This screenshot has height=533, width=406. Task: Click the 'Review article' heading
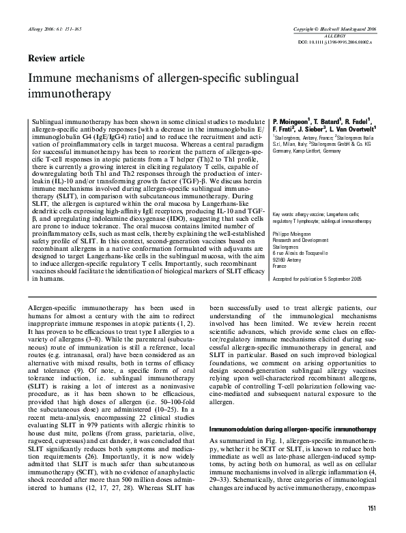pyautogui.click(x=56, y=58)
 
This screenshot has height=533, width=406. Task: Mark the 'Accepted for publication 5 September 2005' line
pyautogui.click(x=317, y=279)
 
